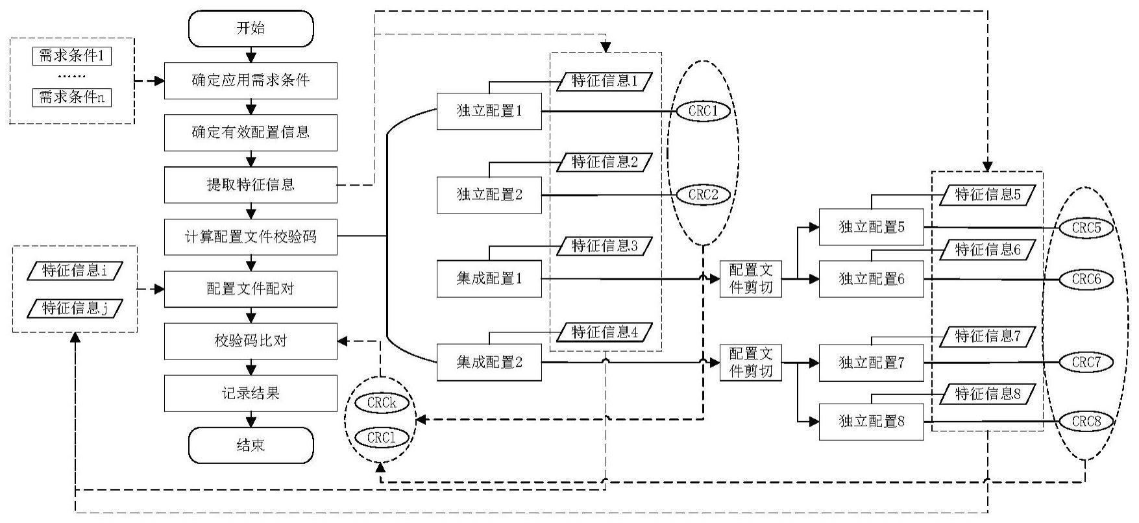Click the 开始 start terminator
tap(251, 29)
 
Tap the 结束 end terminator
tap(251, 445)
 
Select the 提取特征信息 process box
tap(251, 185)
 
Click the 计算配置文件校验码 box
tap(251, 237)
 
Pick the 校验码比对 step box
tap(251, 341)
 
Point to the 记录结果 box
tap(251, 393)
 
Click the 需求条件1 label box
tap(71, 56)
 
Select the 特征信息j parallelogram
tap(75, 308)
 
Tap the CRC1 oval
tap(704, 111)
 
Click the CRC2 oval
tap(704, 194)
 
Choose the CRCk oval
tap(382, 403)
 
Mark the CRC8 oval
tap(1086, 421)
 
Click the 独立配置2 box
tap(489, 195)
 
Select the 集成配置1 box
tap(489, 279)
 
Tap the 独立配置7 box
tap(871, 363)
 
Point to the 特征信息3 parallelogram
tap(604, 246)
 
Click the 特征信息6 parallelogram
tap(988, 250)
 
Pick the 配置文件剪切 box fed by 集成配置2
tap(751, 363)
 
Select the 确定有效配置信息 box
tap(251, 132)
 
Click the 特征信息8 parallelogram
tap(988, 394)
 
